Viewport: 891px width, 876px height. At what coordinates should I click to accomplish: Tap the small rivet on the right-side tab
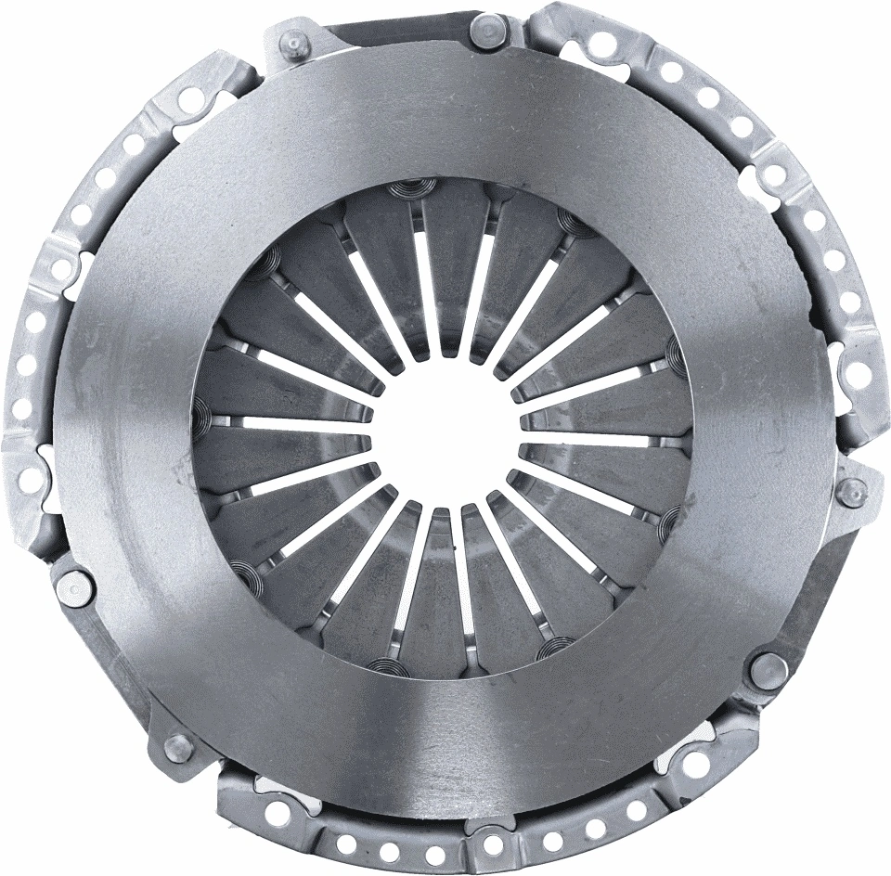[x=851, y=491]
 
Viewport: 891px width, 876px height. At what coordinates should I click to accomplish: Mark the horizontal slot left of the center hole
[x=297, y=426]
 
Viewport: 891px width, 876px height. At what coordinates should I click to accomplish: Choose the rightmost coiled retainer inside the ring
[x=678, y=348]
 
